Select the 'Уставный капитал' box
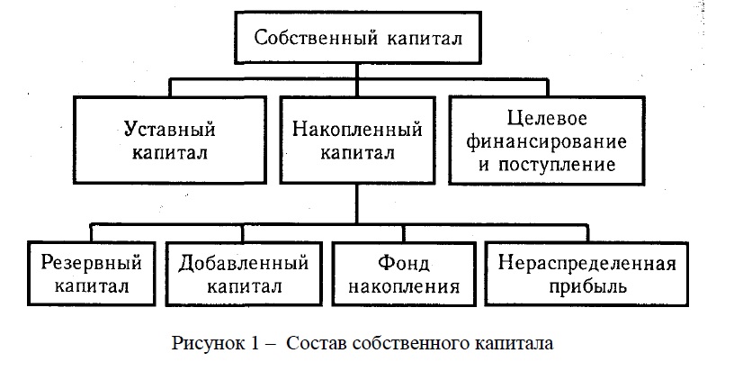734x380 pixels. click(x=169, y=140)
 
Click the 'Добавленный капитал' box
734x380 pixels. click(x=244, y=275)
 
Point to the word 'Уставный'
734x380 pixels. click(x=169, y=129)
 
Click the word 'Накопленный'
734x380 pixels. click(x=358, y=129)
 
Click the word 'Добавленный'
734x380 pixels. click(x=244, y=264)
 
